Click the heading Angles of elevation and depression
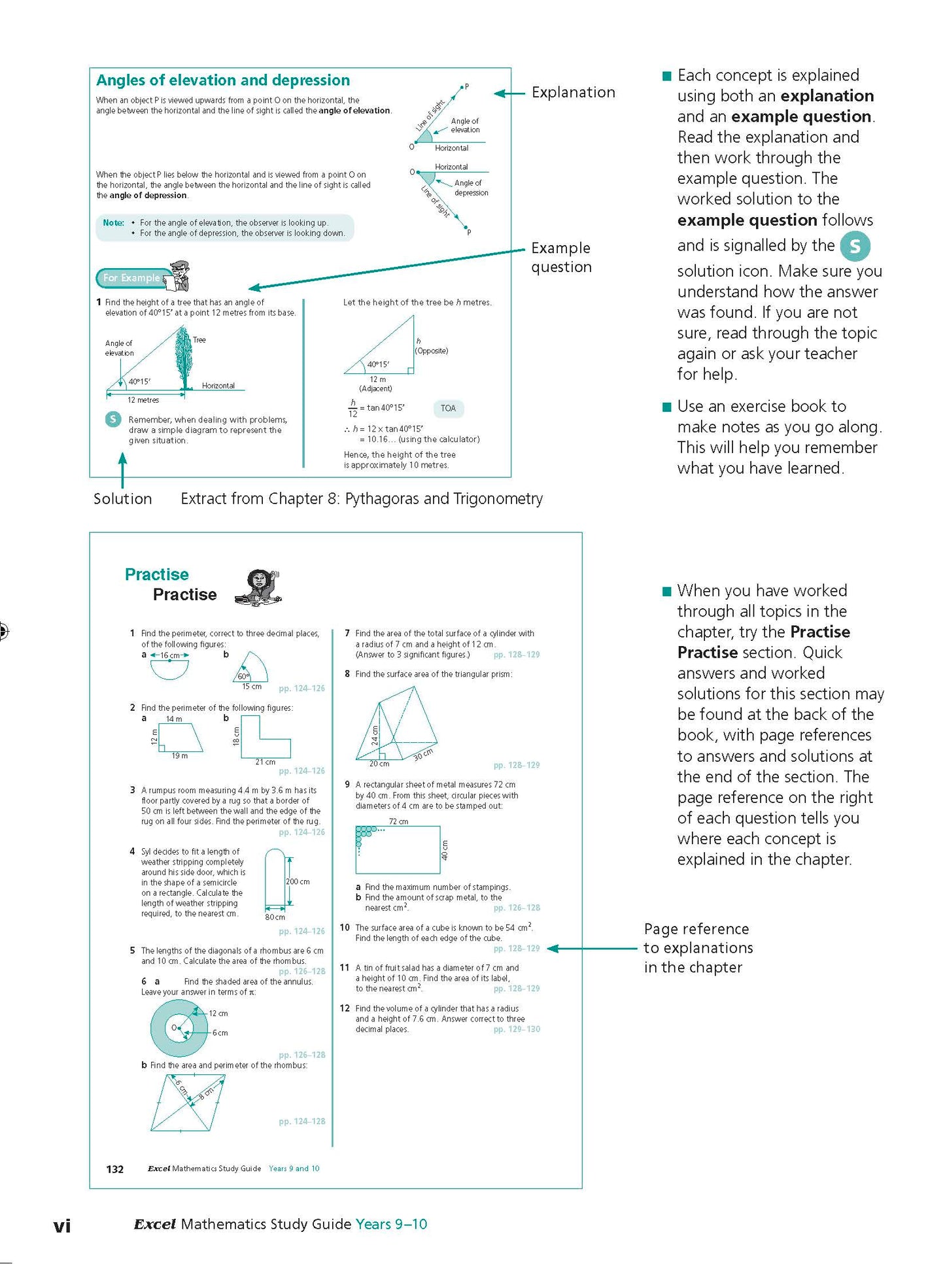pyautogui.click(x=223, y=80)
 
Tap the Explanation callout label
pyautogui.click(x=573, y=92)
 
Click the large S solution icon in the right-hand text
pyautogui.click(x=854, y=247)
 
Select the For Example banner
pyautogui.click(x=131, y=278)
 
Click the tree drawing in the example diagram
pyautogui.click(x=184, y=359)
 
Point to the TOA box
pyautogui.click(x=448, y=409)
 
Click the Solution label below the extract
pyautogui.click(x=122, y=499)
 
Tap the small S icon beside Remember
pyautogui.click(x=113, y=419)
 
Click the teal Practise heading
pyautogui.click(x=157, y=574)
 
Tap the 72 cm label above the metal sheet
pyautogui.click(x=398, y=821)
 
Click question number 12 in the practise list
pyautogui.click(x=345, y=1008)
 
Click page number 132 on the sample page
pyautogui.click(x=115, y=1169)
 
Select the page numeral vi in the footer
pyautogui.click(x=62, y=1225)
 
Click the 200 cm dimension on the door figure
pyautogui.click(x=298, y=881)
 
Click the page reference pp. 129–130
pyautogui.click(x=517, y=1029)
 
